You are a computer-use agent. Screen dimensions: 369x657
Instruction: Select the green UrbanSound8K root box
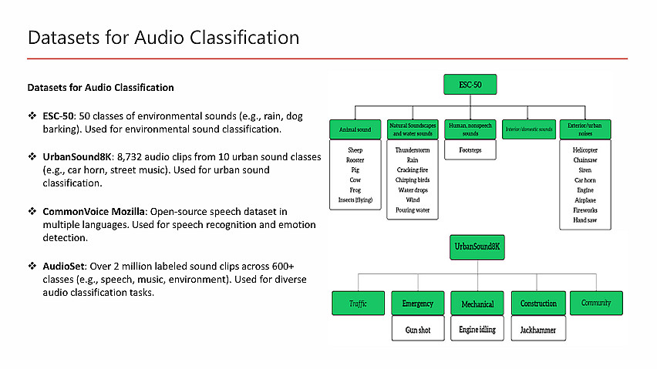coord(477,247)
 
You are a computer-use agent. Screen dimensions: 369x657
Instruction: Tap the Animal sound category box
coord(355,129)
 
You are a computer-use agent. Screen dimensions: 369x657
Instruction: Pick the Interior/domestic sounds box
coord(529,129)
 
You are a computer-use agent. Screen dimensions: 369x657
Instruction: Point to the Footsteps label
coord(470,150)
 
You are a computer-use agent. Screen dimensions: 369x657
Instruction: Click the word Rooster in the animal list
coord(355,160)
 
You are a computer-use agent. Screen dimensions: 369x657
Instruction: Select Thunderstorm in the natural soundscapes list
coord(413,150)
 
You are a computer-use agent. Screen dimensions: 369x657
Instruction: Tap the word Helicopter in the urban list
coord(585,150)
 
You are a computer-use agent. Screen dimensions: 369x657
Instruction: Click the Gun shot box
coord(417,330)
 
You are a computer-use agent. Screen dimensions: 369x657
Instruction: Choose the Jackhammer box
coord(537,330)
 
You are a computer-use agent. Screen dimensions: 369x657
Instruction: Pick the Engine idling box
coord(477,330)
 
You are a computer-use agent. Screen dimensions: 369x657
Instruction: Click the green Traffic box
coord(357,304)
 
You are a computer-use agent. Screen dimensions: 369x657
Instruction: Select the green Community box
coord(596,303)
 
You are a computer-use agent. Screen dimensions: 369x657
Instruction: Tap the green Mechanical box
coord(477,304)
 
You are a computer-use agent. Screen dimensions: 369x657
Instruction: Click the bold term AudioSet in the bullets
coord(63,265)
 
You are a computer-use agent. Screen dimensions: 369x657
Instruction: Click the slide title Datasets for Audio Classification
coord(163,37)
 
